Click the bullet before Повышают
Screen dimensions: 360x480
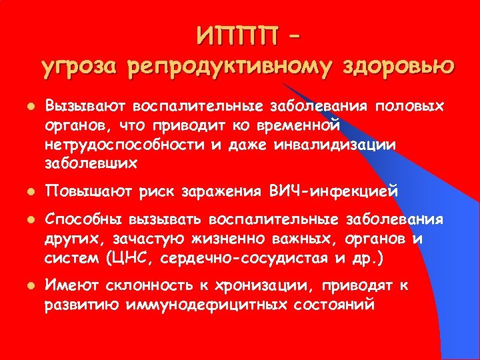pos(23,193)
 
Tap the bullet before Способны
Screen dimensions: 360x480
pos(23,221)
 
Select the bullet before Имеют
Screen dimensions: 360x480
pos(23,286)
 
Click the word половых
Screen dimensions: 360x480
pos(413,107)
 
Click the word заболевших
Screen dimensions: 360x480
pos(91,163)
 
